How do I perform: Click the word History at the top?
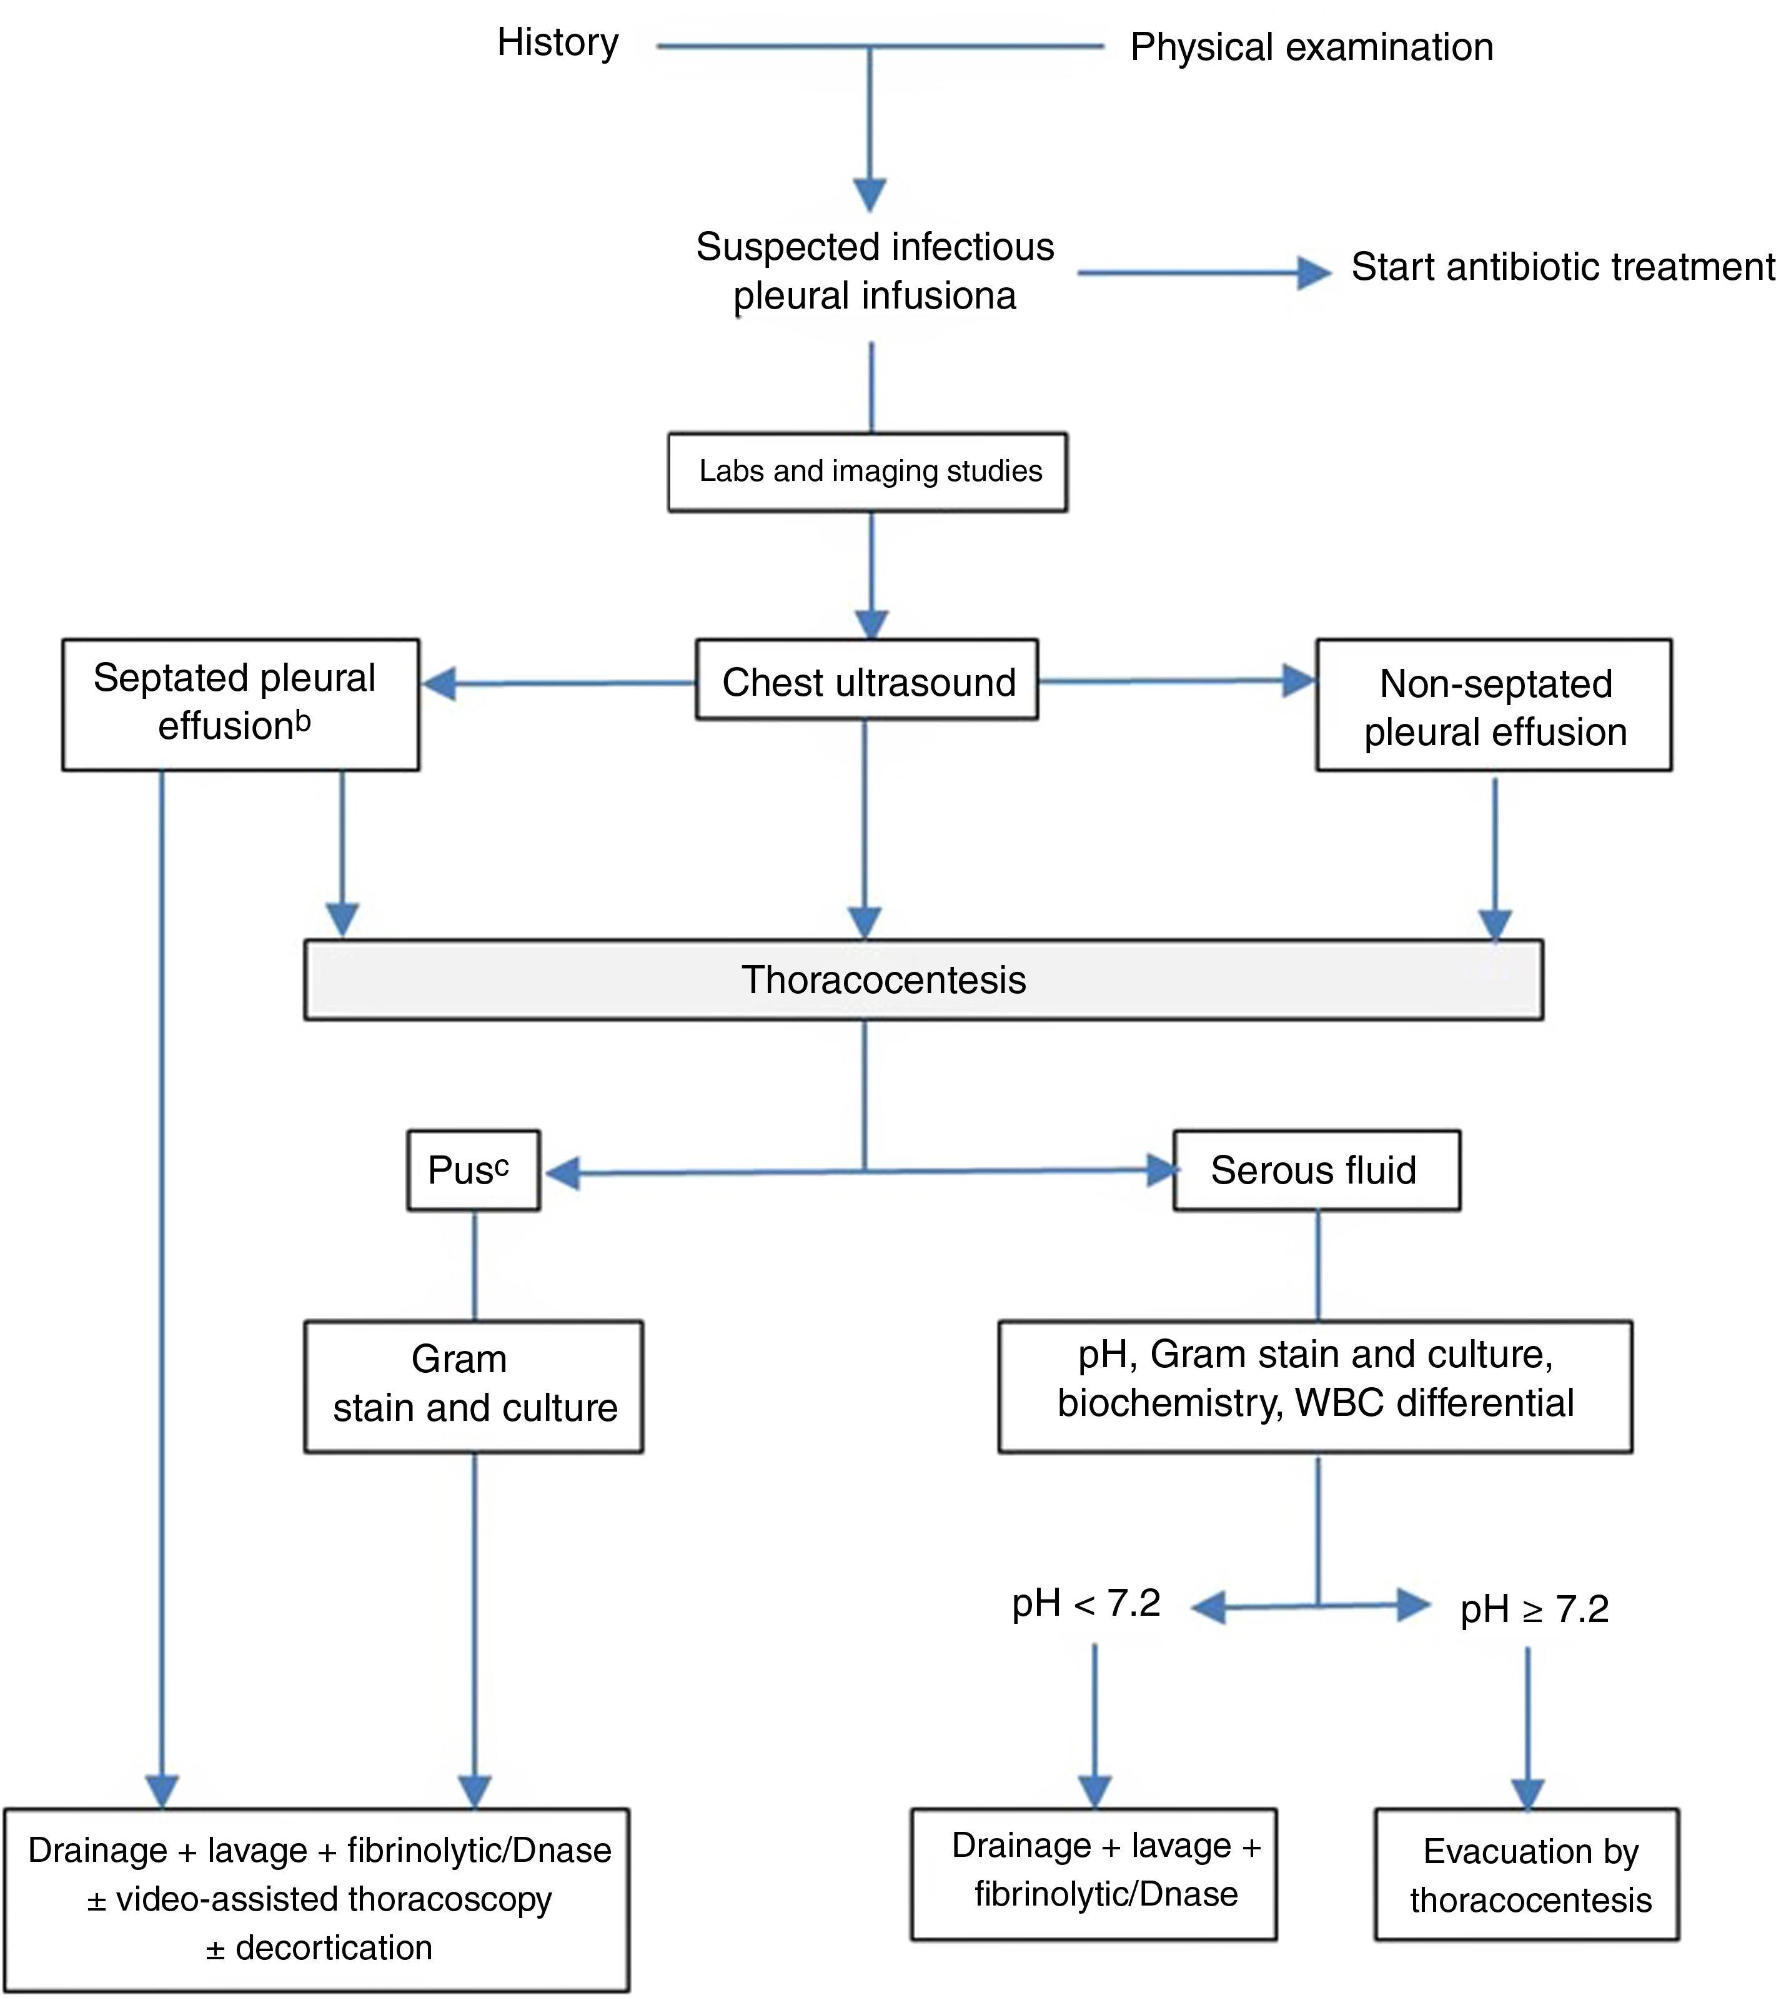[557, 43]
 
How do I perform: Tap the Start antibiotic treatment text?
[1561, 267]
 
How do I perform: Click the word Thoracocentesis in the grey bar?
[883, 979]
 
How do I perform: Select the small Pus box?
[473, 1170]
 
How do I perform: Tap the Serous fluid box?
[1316, 1170]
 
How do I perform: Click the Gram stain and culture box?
[473, 1385]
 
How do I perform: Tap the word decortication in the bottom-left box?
[334, 1947]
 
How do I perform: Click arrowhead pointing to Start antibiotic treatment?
[1314, 273]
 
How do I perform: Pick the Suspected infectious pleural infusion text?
[874, 271]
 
